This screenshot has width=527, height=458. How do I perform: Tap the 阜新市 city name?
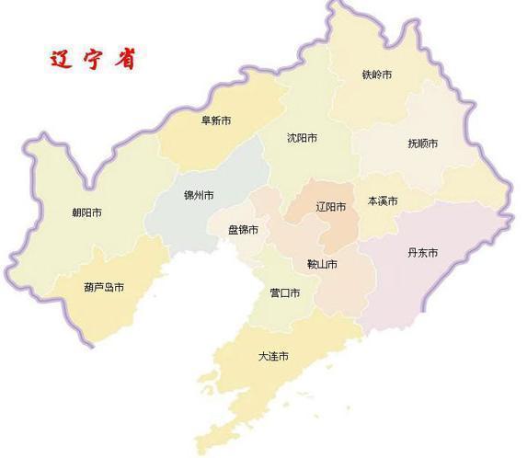coord(216,119)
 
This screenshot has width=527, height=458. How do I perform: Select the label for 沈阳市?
coord(302,138)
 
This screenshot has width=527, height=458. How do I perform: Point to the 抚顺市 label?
coord(422,143)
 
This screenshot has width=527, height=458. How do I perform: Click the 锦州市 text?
coord(199,196)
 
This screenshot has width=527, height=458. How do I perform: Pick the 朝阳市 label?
coord(86,212)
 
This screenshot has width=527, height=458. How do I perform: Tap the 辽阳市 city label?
coord(330,207)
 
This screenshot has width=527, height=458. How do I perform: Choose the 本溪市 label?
coord(383,200)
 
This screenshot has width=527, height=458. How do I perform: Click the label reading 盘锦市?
coord(244,230)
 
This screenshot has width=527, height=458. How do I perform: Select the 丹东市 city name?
coord(421,253)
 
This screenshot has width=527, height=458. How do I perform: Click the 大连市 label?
coord(273,356)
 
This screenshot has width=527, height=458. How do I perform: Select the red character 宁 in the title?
coord(93,58)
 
